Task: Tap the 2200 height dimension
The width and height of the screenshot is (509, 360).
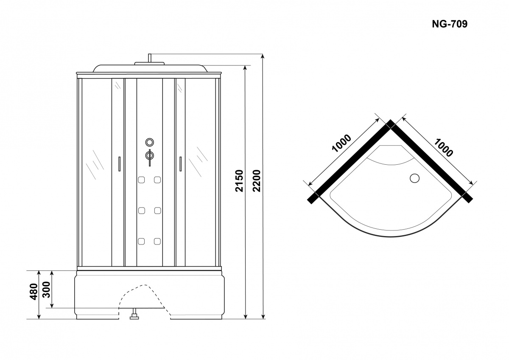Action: pyautogui.click(x=257, y=181)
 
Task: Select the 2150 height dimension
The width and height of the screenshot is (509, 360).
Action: pyautogui.click(x=239, y=181)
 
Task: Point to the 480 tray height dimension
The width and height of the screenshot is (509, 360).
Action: pyautogui.click(x=34, y=292)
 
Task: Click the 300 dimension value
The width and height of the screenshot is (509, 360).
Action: pyautogui.click(x=47, y=290)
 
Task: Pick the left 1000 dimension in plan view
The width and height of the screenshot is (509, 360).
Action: pyautogui.click(x=341, y=143)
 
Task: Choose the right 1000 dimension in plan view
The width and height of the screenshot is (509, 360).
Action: pyautogui.click(x=443, y=148)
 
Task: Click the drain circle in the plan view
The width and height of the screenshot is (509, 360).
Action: pyautogui.click(x=415, y=178)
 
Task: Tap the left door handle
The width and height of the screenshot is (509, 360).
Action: pyautogui.click(x=119, y=163)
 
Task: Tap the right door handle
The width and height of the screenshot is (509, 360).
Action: pyautogui.click(x=180, y=163)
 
